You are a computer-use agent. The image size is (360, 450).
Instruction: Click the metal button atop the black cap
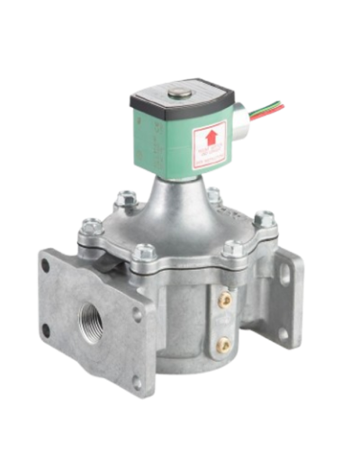[186, 92]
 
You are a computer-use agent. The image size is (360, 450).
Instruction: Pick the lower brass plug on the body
[226, 340]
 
